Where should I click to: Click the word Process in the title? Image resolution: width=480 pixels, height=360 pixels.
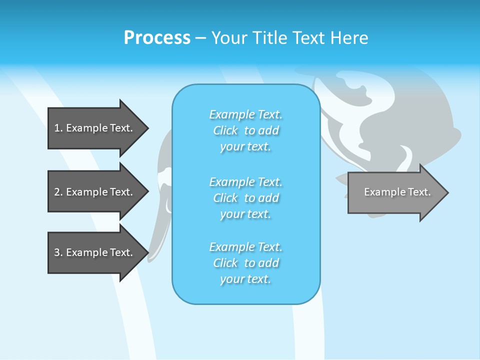tap(157, 38)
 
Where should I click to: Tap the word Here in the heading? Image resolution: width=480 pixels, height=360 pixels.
tap(349, 38)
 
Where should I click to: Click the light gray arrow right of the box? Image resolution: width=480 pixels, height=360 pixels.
tap(395, 192)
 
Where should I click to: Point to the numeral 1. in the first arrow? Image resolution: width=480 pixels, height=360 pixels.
tap(58, 128)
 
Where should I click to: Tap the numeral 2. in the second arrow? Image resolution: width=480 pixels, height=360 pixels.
tap(58, 192)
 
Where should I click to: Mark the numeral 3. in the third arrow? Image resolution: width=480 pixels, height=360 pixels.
tap(58, 252)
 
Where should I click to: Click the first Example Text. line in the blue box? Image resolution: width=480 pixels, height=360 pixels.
tap(245, 114)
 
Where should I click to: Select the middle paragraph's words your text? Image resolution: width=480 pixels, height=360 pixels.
tap(245, 214)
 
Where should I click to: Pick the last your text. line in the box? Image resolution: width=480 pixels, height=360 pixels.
tap(245, 279)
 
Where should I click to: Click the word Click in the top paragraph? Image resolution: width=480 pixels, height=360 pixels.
tap(225, 130)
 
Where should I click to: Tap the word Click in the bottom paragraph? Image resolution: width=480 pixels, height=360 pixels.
tap(225, 263)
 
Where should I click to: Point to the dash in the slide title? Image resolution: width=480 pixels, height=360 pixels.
tap(201, 38)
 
